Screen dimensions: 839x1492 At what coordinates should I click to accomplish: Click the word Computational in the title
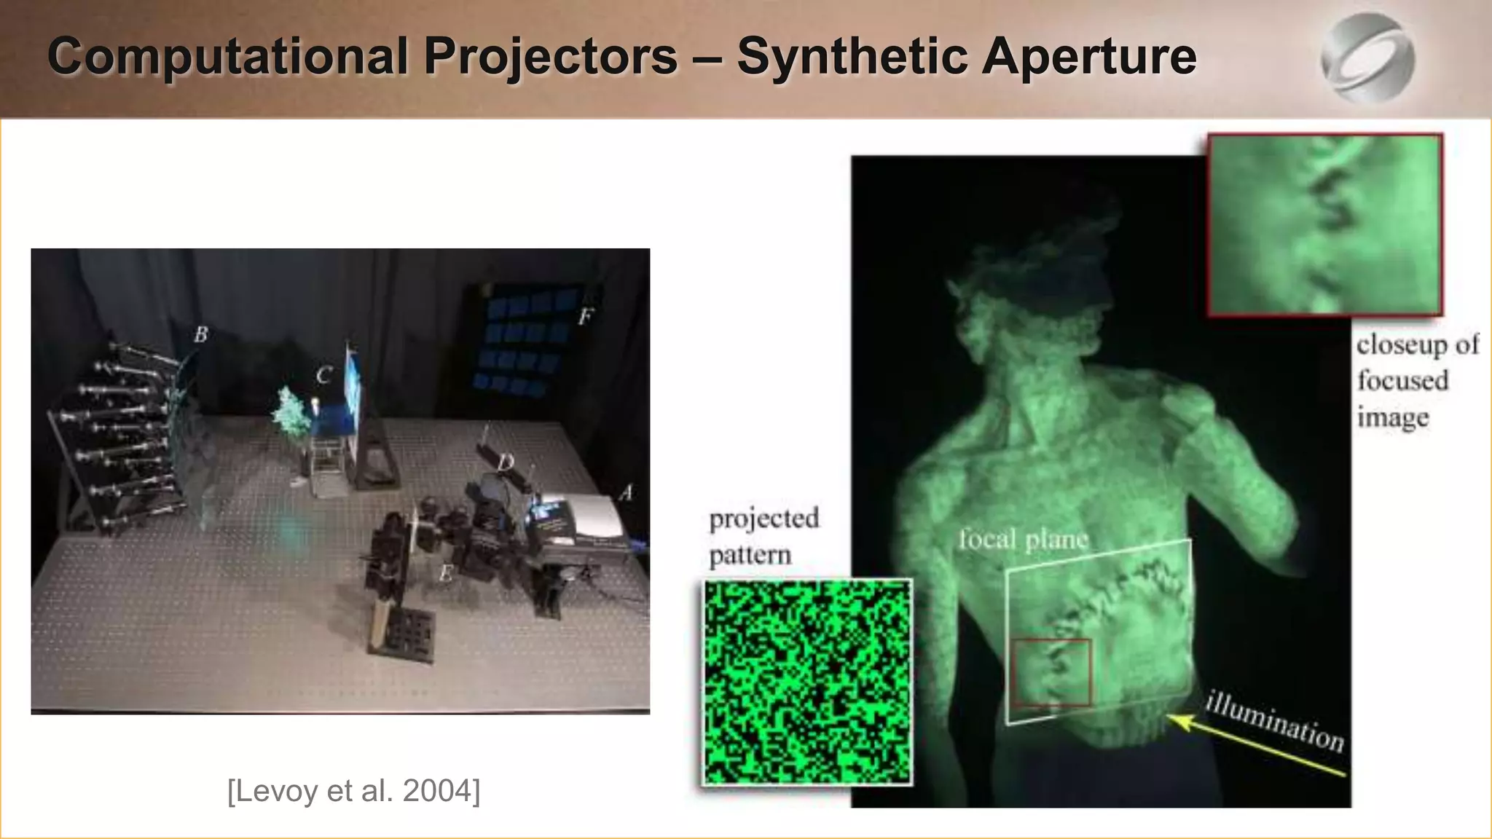(x=227, y=57)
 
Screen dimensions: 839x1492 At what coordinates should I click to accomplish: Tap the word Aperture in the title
(x=1088, y=57)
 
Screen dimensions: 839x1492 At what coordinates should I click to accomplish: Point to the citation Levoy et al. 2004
(x=354, y=790)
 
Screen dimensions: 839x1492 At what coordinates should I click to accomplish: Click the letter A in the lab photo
(x=625, y=493)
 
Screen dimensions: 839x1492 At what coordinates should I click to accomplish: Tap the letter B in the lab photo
(x=200, y=334)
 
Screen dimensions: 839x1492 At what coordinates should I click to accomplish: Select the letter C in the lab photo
(x=324, y=376)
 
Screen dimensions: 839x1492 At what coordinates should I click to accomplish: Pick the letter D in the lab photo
(x=506, y=462)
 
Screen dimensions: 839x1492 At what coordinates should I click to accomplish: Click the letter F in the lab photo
(x=585, y=316)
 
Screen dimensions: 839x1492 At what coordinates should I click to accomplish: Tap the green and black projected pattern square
(x=807, y=682)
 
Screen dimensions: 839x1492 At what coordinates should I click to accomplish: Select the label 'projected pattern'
(x=763, y=536)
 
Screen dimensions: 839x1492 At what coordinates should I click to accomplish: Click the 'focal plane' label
(x=1023, y=540)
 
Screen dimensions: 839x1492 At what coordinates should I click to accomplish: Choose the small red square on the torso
(x=1051, y=672)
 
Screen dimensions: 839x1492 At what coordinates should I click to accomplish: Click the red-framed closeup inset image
(x=1324, y=224)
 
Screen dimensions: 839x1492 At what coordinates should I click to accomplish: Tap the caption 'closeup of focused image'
(x=1416, y=381)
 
